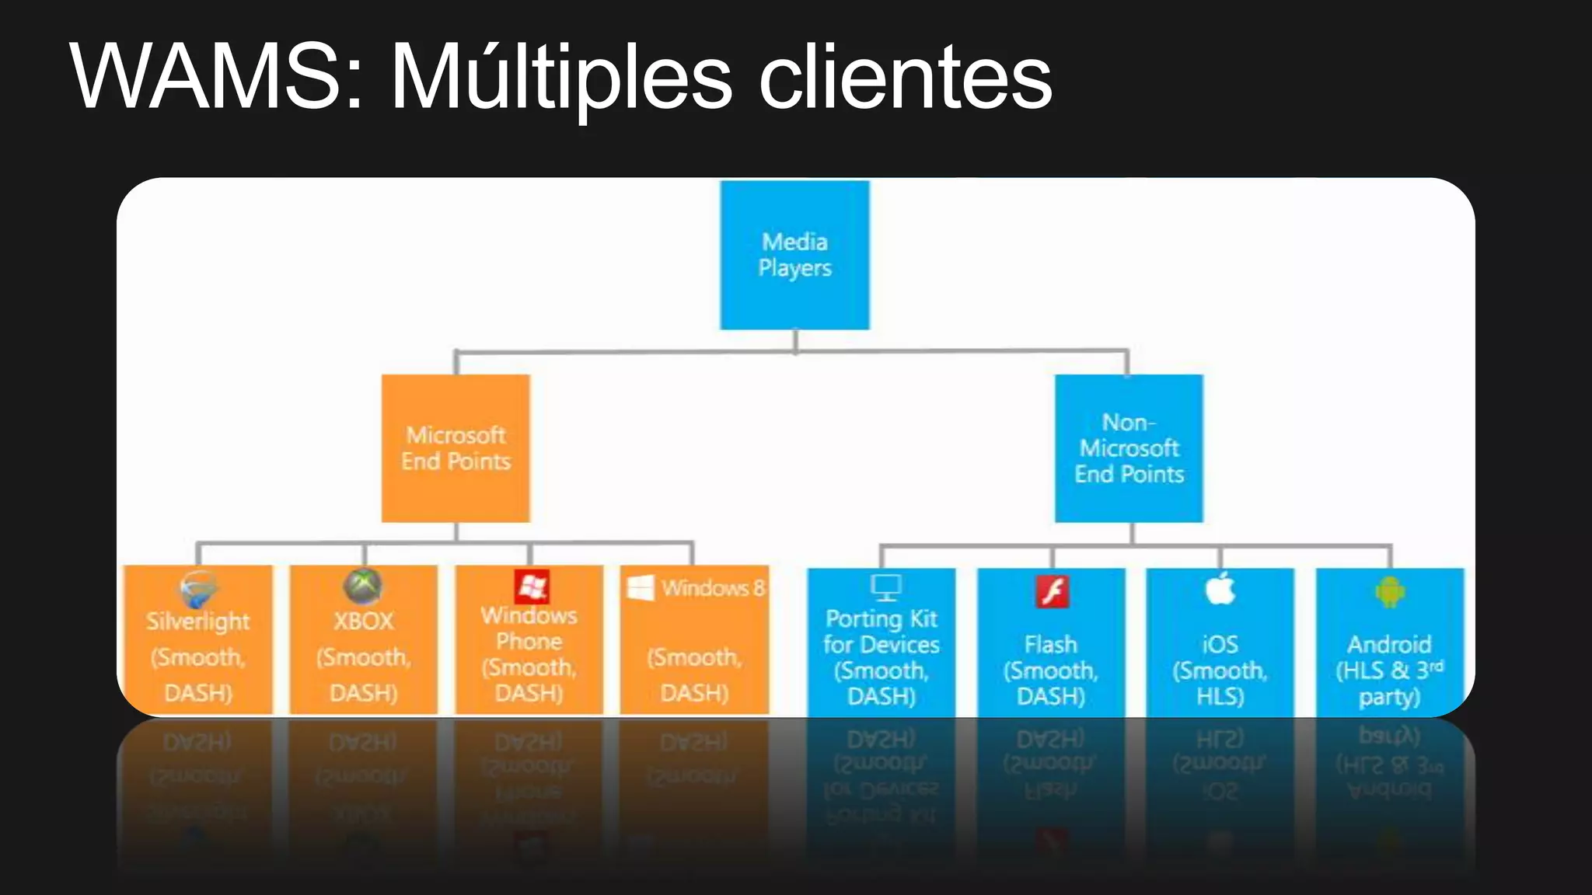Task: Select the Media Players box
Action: point(794,255)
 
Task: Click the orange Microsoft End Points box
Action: point(456,448)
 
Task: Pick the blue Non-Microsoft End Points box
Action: point(1129,448)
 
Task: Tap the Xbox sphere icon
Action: point(363,587)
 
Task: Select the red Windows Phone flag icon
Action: point(532,587)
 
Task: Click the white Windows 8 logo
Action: point(641,588)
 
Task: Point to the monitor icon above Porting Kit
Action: point(885,587)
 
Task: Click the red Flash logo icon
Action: point(1053,592)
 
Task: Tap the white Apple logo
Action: point(1220,588)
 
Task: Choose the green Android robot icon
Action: point(1389,592)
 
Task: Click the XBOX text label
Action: point(363,622)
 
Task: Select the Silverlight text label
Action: point(198,622)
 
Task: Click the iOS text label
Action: point(1220,644)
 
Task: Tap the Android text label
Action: point(1389,644)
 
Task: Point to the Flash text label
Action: point(1050,644)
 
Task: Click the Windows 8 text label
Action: point(713,588)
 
